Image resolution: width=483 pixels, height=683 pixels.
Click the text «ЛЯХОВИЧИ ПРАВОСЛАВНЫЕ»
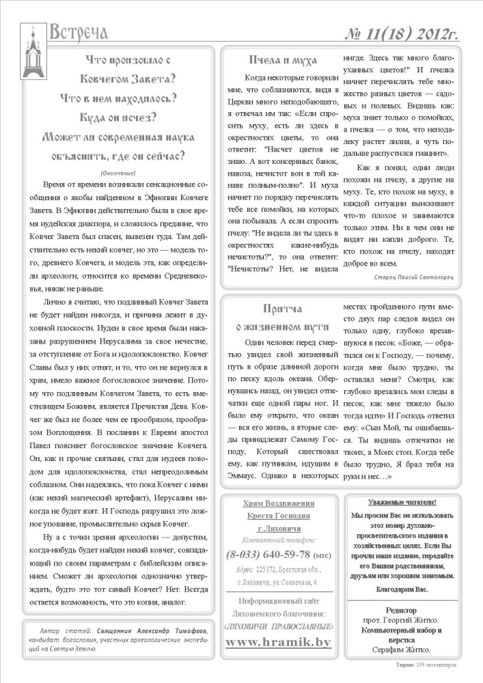point(278,626)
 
